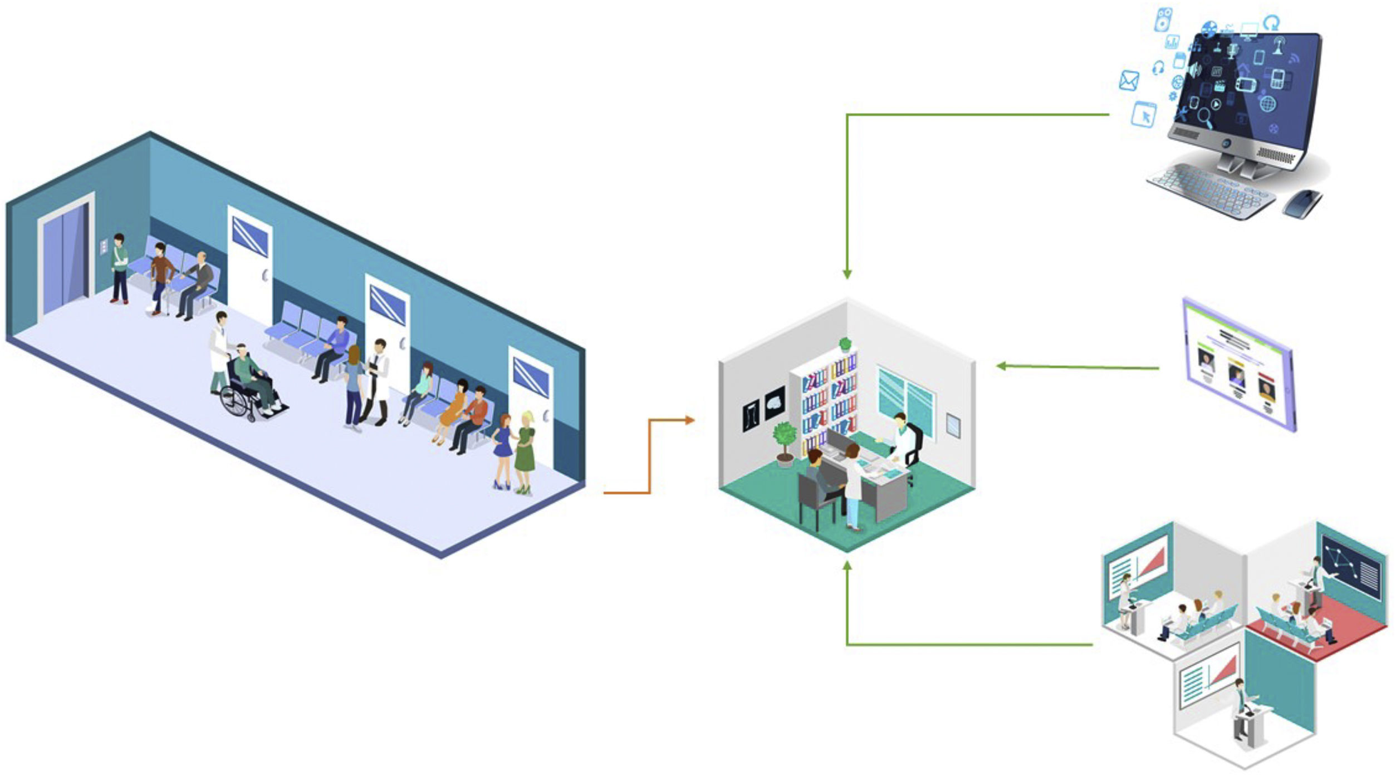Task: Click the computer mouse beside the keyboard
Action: click(x=1302, y=203)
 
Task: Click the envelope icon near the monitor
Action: click(x=1129, y=81)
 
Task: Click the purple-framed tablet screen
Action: click(x=1238, y=365)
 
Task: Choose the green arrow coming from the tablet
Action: click(x=1077, y=367)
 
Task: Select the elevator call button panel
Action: click(x=103, y=247)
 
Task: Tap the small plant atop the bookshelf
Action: click(x=845, y=343)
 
